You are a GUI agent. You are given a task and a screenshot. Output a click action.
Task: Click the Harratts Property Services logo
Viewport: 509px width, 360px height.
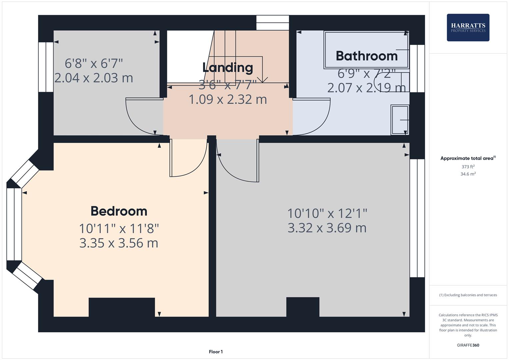468,27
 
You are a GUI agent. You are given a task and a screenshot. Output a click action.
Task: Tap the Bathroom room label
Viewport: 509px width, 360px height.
366,56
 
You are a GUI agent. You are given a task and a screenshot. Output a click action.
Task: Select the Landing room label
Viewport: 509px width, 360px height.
228,68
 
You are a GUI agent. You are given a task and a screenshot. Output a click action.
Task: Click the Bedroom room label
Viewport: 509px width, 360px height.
119,211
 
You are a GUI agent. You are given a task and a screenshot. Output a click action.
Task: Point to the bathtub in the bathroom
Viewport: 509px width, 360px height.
366,50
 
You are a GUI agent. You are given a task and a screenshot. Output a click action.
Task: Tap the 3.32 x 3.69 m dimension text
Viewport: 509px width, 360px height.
327,228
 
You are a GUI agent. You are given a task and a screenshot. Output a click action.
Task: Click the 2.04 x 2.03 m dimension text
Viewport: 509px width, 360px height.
93,78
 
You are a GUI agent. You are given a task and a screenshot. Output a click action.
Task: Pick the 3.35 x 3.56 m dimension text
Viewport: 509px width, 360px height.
119,243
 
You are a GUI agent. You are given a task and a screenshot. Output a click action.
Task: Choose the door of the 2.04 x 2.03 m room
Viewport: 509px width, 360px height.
142,117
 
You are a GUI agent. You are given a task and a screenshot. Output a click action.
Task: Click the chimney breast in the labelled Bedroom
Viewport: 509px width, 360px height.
122,307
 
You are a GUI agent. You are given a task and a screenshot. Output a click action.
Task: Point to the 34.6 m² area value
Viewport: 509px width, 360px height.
468,174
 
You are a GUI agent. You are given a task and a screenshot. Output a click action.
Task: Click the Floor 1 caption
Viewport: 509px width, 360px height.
216,352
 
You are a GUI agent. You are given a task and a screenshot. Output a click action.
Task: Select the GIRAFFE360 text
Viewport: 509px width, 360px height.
468,345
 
